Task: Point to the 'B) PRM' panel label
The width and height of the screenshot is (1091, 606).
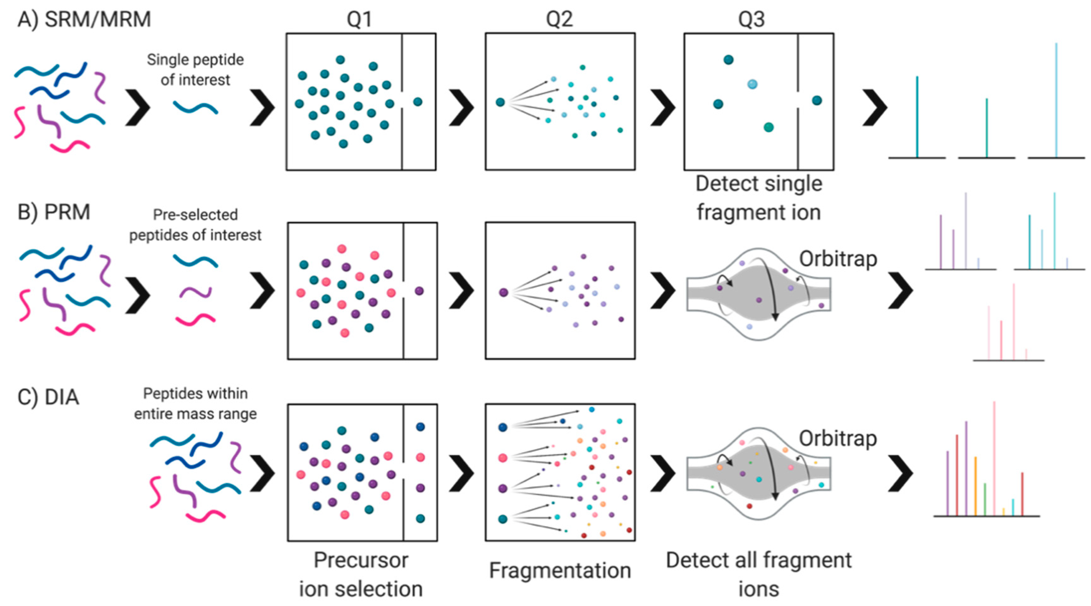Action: click(x=54, y=212)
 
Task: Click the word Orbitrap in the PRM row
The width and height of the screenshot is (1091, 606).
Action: click(x=838, y=259)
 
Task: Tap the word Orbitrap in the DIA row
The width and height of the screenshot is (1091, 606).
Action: click(x=838, y=438)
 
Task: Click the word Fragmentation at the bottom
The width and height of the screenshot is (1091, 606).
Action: click(x=560, y=570)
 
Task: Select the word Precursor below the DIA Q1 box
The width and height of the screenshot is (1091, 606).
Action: click(x=361, y=560)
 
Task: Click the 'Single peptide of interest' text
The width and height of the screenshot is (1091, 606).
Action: click(x=195, y=70)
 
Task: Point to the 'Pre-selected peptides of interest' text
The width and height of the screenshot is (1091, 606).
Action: click(x=195, y=224)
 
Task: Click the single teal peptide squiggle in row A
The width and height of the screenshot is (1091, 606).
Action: click(x=195, y=107)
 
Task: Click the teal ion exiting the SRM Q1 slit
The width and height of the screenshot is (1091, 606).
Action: click(x=418, y=102)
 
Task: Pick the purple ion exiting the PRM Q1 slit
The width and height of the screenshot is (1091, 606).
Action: click(x=419, y=291)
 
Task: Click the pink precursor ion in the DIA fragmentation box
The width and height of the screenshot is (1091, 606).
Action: click(x=503, y=458)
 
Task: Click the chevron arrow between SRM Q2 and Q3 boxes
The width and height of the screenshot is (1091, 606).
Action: click(x=662, y=107)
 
